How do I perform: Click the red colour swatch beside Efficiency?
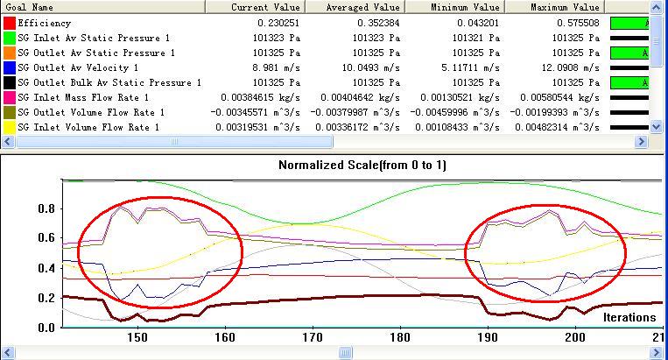tap(9, 23)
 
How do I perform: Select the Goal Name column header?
tap(27, 7)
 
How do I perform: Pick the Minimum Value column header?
tap(463, 7)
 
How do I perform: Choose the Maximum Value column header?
tap(565, 7)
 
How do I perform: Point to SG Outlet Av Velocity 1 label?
tap(78, 67)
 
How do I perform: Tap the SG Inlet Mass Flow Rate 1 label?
tap(83, 97)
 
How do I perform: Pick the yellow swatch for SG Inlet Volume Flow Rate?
tap(9, 127)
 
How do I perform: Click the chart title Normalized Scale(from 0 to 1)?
tap(362, 165)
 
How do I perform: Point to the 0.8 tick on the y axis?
tap(46, 209)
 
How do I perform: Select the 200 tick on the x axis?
tap(575, 337)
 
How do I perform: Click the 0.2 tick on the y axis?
tap(46, 299)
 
